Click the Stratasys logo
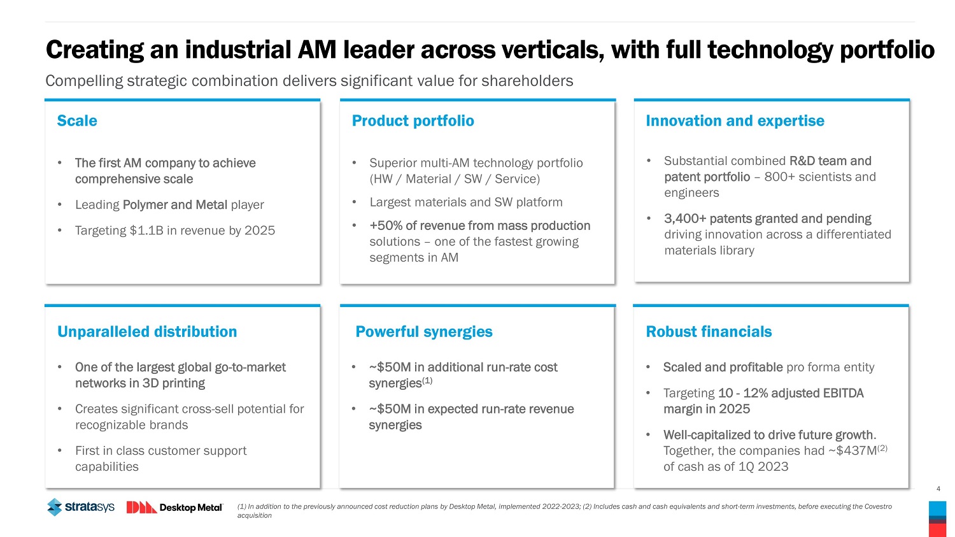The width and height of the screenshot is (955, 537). (80, 507)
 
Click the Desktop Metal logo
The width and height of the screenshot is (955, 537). (174, 507)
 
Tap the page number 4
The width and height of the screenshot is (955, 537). (938, 489)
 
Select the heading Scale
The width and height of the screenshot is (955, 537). (77, 121)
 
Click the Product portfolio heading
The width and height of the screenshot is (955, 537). (413, 121)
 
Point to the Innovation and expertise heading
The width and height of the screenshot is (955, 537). (735, 121)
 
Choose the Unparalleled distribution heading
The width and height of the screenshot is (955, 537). (147, 332)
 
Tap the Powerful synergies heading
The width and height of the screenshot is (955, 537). (423, 332)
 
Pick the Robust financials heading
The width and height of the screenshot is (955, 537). (709, 332)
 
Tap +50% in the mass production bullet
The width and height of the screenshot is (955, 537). (385, 226)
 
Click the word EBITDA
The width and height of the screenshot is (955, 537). (843, 393)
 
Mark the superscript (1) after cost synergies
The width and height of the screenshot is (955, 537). (427, 381)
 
